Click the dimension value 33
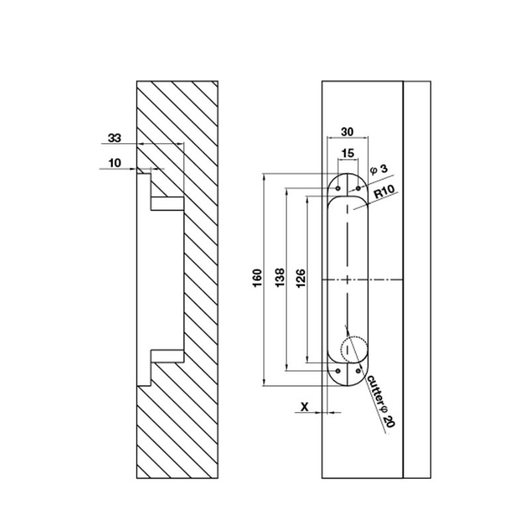point(114,138)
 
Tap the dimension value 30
point(346,131)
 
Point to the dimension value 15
point(346,154)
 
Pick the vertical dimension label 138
point(279,278)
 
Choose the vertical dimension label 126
point(299,278)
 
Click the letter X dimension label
point(305,406)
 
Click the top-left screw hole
point(339,188)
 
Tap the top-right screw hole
point(358,188)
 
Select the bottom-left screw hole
point(339,370)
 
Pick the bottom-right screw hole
point(358,370)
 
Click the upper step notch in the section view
point(166,203)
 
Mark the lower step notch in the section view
point(166,356)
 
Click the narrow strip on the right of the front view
point(418,278)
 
